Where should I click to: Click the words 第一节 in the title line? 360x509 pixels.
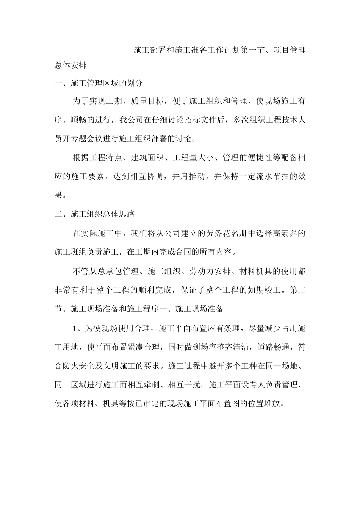(x=252, y=50)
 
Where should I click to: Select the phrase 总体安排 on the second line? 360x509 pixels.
(x=70, y=66)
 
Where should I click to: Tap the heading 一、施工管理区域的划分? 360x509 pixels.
(x=99, y=83)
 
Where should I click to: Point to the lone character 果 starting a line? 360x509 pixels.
(x=59, y=195)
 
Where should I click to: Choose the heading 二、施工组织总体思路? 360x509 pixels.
(x=95, y=214)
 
